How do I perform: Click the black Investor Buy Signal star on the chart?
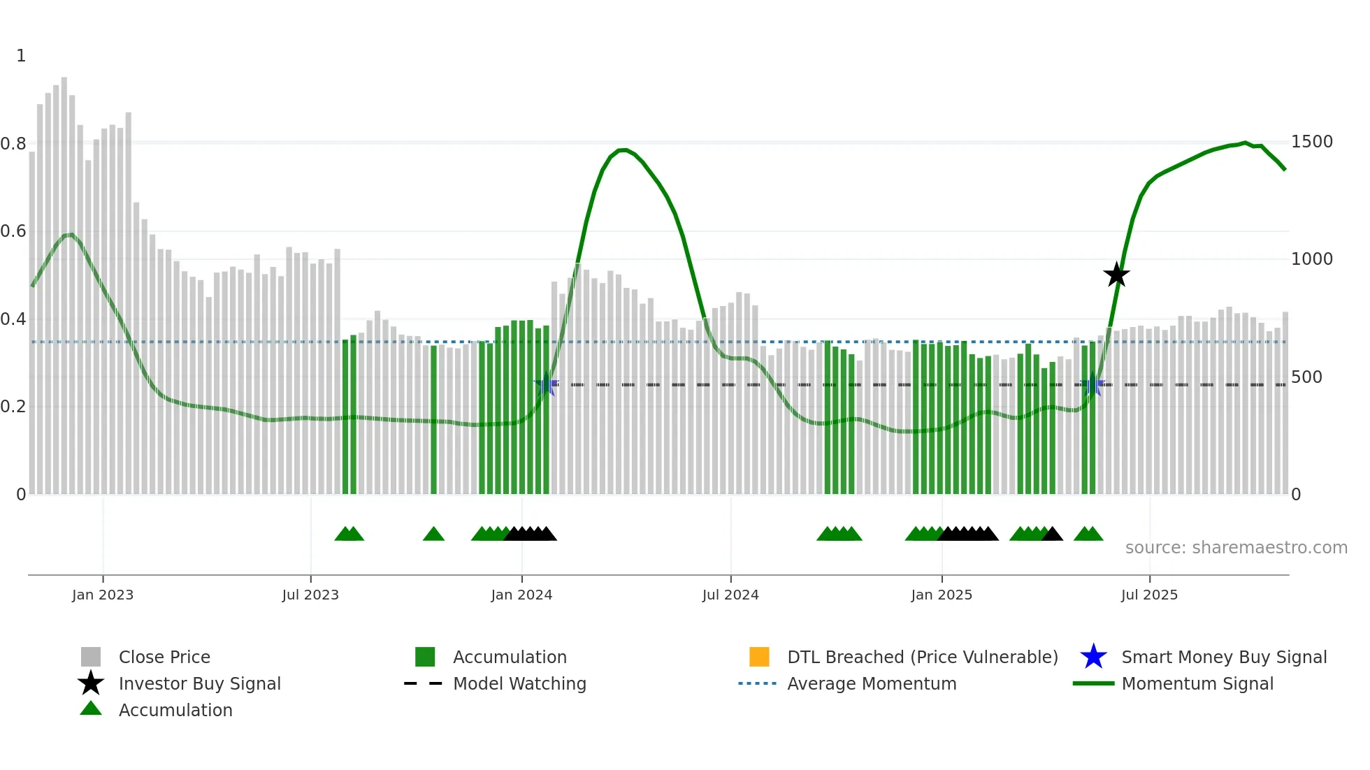[x=1116, y=275]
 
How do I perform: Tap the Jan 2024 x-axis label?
[x=521, y=595]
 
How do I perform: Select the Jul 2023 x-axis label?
[x=310, y=595]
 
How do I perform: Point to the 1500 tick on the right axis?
[x=1311, y=142]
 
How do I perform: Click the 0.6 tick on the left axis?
[x=13, y=231]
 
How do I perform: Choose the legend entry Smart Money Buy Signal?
[x=1223, y=657]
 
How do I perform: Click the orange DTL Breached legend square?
[x=759, y=657]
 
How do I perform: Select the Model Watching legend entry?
[x=519, y=683]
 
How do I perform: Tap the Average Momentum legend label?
[x=871, y=683]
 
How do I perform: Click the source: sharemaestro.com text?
[x=1236, y=548]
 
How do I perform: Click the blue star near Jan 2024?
[x=546, y=384]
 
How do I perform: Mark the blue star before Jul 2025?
[x=1092, y=385]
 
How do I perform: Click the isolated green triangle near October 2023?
[x=433, y=534]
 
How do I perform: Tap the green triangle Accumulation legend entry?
[x=175, y=710]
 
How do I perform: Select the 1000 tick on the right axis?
[x=1311, y=259]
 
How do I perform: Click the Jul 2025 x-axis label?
[x=1149, y=595]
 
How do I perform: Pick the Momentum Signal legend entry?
[x=1197, y=683]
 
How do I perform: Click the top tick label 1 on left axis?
[x=21, y=56]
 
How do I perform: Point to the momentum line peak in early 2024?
[x=623, y=150]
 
